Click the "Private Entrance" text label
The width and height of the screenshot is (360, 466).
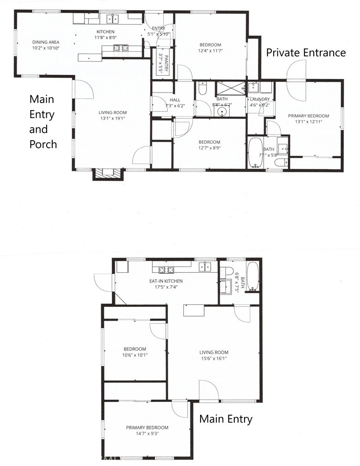point(305,53)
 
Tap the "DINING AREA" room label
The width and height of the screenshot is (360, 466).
point(46,41)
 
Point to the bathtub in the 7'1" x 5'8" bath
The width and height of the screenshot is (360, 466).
point(255,153)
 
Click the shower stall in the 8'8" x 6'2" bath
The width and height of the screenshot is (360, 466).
point(229,87)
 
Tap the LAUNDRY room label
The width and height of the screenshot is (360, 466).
point(259,99)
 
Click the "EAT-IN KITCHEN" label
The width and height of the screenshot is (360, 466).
point(165,281)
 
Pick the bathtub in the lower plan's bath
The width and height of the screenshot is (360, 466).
point(252,276)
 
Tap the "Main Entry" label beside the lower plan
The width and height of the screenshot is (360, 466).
point(226,419)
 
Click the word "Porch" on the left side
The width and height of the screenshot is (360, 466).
point(43,144)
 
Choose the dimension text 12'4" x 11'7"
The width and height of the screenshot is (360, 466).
point(210,51)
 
